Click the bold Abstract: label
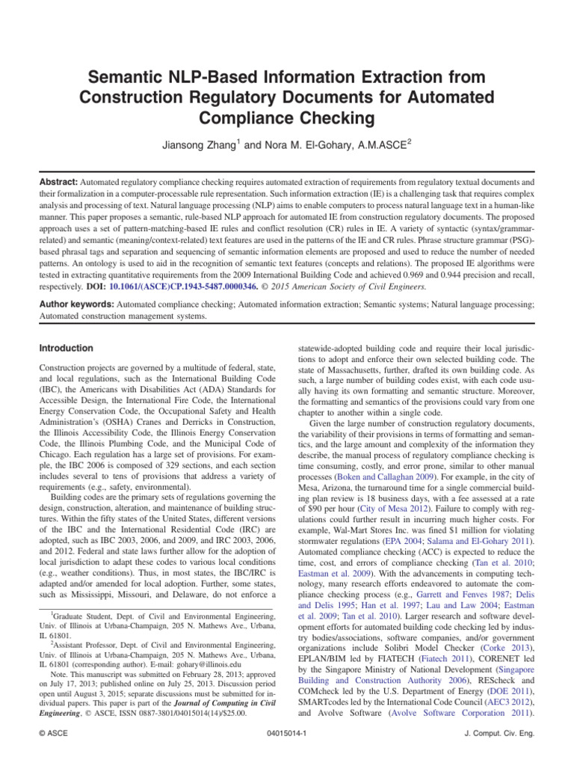(58, 182)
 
